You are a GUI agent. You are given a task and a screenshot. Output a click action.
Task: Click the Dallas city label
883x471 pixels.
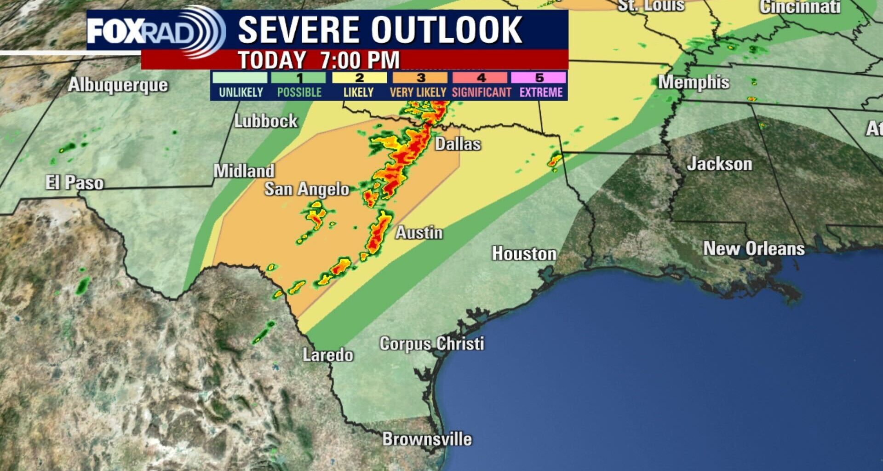coord(458,144)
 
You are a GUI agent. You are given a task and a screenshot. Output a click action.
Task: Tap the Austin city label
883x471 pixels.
coord(419,233)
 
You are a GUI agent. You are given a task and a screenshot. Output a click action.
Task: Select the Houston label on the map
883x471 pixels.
coord(524,253)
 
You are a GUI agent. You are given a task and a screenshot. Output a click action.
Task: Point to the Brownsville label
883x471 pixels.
coord(427,439)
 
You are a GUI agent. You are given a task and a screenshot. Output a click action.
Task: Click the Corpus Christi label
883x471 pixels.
coord(431,344)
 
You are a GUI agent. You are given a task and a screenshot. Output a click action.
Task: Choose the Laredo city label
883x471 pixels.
coord(327,355)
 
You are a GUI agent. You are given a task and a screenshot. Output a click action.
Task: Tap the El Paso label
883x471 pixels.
coord(74,183)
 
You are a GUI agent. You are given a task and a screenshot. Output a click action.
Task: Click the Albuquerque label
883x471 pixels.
coord(118,85)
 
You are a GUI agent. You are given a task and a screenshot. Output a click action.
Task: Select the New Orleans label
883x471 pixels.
coord(753,248)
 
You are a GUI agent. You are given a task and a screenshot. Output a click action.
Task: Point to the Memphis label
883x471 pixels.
coord(693,82)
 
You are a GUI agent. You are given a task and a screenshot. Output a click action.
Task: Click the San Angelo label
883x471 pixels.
coord(307,189)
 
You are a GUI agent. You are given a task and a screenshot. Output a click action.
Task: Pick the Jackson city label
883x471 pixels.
coord(719,164)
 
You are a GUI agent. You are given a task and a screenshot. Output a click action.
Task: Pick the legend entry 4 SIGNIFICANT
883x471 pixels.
coord(481,86)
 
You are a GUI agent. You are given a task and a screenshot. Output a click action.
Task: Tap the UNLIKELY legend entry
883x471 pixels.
coord(241,86)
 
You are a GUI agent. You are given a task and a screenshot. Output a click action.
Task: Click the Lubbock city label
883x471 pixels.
coord(266,121)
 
